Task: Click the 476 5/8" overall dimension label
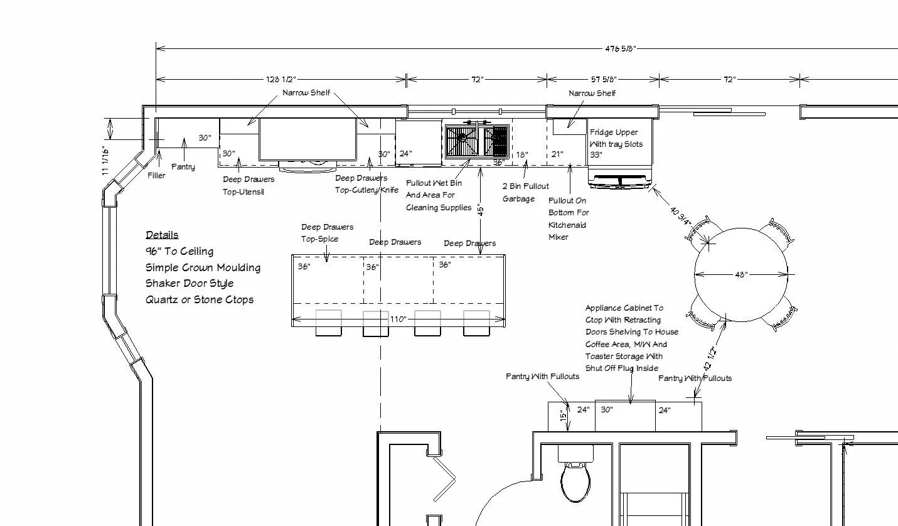[x=620, y=49]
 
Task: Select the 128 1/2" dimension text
[x=281, y=79]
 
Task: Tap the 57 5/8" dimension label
[x=604, y=79]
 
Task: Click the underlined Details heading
[x=162, y=235]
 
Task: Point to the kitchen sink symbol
[x=477, y=141]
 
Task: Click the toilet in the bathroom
[x=576, y=479]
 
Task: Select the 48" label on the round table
[x=741, y=275]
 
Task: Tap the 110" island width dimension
[x=398, y=319]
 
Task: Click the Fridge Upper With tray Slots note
[x=616, y=143]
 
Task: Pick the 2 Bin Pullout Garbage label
[x=526, y=193]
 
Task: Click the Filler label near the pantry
[x=156, y=176]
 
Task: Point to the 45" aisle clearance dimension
[x=481, y=210]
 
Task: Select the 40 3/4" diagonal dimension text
[x=681, y=216]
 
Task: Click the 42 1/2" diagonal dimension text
[x=710, y=358]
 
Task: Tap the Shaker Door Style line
[x=190, y=284]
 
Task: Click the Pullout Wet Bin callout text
[x=439, y=195]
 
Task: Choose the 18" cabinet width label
[x=522, y=154]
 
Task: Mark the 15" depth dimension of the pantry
[x=564, y=416]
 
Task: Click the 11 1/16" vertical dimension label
[x=105, y=161]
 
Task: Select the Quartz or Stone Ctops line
[x=200, y=300]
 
